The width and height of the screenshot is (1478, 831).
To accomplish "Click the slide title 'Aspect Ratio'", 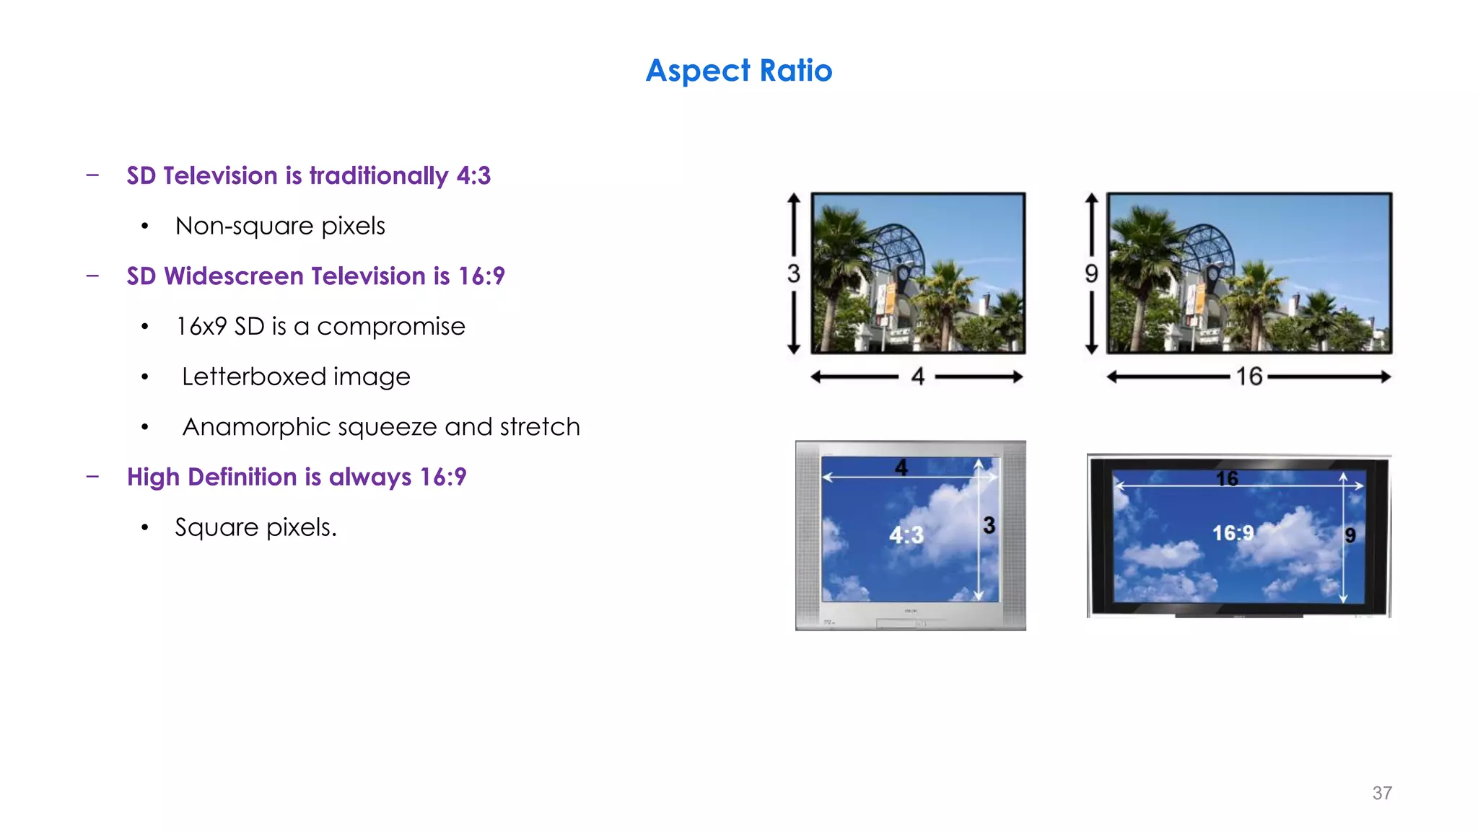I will coord(739,71).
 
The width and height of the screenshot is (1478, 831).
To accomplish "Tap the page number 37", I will coord(1381,793).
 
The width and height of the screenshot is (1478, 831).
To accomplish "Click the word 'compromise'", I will coord(390,327).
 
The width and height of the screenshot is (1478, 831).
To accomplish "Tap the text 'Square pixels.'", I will coord(255,527).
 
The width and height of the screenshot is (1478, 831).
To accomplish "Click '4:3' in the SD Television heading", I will coord(473,176).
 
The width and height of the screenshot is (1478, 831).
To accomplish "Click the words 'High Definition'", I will coord(211,477).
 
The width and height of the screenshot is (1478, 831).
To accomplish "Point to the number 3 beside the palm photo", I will coord(794,273).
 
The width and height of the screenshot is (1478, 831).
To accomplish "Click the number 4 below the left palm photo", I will coord(917,377).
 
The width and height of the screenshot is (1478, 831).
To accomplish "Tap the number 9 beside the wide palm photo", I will coord(1091,273).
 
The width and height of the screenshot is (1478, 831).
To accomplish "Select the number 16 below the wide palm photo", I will coord(1249,377).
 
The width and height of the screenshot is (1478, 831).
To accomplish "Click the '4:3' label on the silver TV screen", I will coord(906,535).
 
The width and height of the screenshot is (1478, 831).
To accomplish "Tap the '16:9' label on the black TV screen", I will coord(1233,533).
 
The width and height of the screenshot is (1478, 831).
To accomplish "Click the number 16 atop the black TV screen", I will coord(1227,478).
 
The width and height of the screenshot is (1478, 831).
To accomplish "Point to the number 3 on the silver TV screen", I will coord(989,525).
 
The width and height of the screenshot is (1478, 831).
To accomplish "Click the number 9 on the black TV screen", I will coord(1350,535).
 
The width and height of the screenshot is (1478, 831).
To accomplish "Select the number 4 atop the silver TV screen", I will coord(901,467).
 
